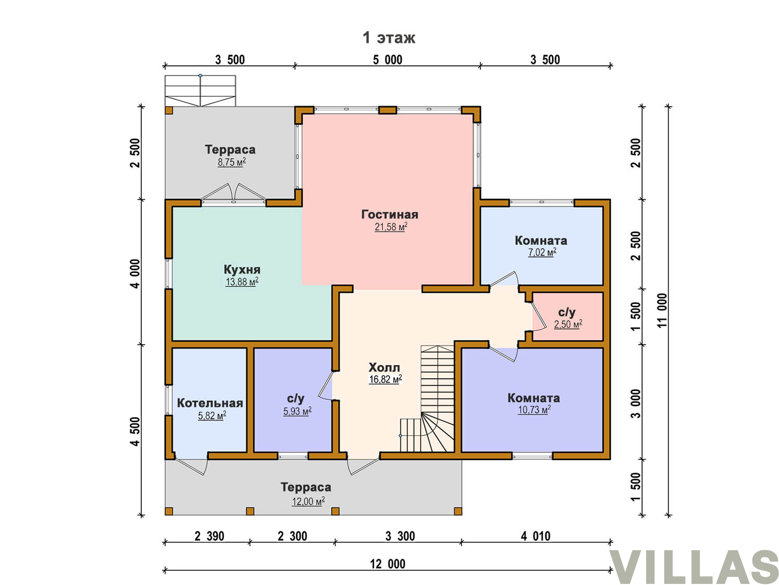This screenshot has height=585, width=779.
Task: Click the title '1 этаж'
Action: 388,37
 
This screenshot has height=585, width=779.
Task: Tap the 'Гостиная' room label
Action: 389,214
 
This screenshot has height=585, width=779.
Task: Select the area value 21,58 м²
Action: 391,227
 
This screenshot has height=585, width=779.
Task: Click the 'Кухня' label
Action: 241,269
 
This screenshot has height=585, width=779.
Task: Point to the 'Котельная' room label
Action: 210,403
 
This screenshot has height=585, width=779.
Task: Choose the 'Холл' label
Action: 384,367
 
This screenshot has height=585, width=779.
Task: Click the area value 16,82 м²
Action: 385,379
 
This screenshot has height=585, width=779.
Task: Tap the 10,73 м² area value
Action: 534,410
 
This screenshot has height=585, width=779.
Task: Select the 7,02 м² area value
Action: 542,252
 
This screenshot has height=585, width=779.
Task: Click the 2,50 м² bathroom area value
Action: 568,323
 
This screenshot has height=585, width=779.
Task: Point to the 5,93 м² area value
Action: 297,411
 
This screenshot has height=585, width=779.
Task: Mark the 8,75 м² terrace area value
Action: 232,162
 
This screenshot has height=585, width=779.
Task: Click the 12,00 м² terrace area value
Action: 307,501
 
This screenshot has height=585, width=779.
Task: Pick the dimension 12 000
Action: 387,564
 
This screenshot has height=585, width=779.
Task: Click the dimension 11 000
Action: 662,310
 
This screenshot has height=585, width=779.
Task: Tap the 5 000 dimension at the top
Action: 387,60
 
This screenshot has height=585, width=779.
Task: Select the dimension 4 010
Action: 535,536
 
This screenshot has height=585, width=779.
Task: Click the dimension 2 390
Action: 209,536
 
